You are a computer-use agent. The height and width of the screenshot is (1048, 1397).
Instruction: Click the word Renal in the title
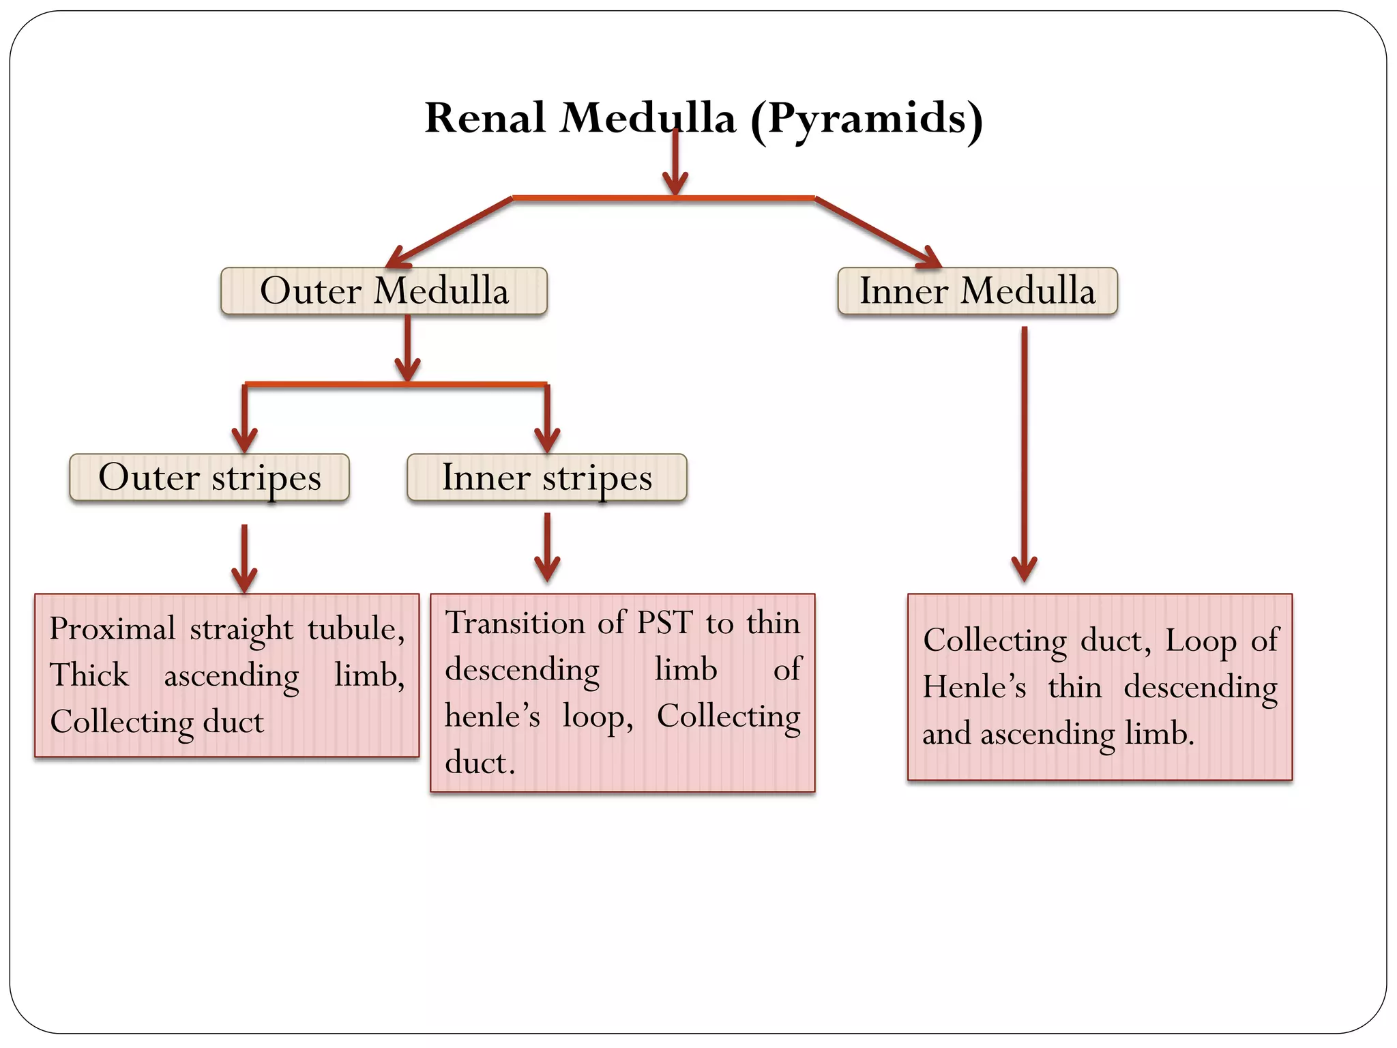click(485, 118)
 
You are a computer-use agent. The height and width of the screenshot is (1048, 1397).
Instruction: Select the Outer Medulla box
click(384, 291)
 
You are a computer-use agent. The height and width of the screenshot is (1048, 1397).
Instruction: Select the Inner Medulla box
click(977, 291)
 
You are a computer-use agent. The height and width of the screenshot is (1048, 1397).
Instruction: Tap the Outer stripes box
click(209, 478)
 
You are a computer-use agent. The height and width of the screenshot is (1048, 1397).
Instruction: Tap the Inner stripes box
click(546, 478)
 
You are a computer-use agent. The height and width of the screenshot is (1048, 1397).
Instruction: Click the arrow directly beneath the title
click(675, 164)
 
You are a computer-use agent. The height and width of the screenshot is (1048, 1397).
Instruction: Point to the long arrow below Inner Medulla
click(1024, 450)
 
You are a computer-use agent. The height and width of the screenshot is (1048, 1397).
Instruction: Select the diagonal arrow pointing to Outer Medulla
click(450, 232)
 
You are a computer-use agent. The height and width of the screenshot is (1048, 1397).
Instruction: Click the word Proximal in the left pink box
click(113, 629)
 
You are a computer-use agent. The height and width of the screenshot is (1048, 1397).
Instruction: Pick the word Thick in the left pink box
click(89, 675)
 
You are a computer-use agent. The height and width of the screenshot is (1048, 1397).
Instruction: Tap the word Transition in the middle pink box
click(515, 623)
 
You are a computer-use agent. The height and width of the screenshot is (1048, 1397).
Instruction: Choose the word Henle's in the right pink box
click(974, 687)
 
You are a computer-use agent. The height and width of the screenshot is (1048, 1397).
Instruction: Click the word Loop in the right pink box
click(1200, 641)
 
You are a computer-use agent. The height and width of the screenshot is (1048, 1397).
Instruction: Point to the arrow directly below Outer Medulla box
click(407, 348)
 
